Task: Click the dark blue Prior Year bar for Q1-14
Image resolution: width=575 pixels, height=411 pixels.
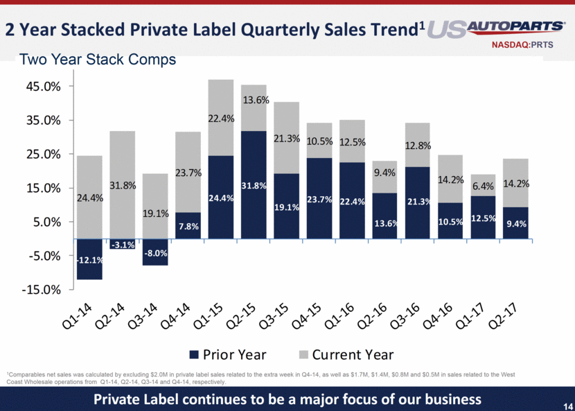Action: tap(89, 259)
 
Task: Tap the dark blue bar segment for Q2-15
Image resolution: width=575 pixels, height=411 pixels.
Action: tap(254, 185)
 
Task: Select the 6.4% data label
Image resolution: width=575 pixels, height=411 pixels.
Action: tap(483, 186)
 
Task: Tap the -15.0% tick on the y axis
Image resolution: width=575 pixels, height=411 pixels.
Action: tap(42, 290)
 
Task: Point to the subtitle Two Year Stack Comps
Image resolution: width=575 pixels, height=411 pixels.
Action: tap(98, 60)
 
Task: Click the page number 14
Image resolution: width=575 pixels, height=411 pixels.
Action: tap(563, 401)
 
